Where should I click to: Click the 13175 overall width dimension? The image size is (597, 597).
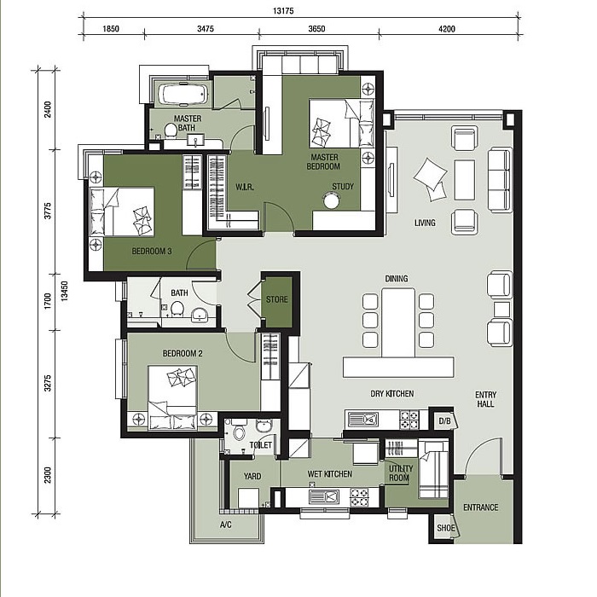[283, 10]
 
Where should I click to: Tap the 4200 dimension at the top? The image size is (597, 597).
[447, 28]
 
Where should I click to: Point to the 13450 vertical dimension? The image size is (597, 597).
[64, 292]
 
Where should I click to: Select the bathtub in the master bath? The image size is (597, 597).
[183, 94]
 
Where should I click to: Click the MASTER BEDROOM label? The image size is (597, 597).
[323, 162]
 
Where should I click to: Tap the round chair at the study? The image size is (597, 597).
[331, 200]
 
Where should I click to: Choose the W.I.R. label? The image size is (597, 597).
[245, 187]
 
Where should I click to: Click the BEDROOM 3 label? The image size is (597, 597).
[152, 252]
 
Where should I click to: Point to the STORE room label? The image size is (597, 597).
[277, 299]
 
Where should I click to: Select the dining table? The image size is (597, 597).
[398, 322]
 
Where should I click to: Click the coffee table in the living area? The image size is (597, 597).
[465, 180]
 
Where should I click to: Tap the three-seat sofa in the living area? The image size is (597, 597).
[500, 180]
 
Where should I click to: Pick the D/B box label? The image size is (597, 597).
[444, 421]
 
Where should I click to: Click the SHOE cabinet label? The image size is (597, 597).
[446, 528]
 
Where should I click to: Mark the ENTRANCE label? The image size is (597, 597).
[480, 507]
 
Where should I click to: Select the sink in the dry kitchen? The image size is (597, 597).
[362, 420]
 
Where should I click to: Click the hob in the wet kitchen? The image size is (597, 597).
[359, 497]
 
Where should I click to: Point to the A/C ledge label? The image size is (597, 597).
[225, 525]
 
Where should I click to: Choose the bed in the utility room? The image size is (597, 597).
[433, 470]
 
